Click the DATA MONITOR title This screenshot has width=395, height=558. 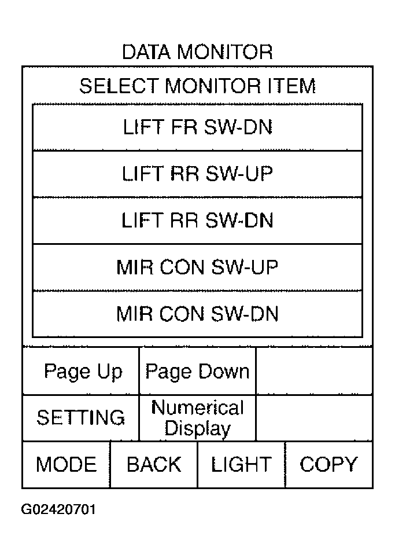197,52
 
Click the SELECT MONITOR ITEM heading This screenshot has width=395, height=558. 197,86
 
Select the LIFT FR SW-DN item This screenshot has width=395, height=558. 197,127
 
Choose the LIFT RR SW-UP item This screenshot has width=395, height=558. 197,174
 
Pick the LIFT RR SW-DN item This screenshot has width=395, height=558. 197,221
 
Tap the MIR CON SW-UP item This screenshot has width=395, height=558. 197,267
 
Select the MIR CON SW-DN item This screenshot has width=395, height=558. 197,314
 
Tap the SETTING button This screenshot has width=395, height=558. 81,418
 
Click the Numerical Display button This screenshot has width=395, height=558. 197,418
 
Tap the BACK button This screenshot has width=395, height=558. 154,464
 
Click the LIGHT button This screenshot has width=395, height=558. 241,464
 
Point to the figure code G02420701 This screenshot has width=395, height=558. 58,509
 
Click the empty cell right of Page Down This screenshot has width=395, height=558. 314,371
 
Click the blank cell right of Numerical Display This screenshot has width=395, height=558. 314,418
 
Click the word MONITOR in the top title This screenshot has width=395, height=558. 225,52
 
